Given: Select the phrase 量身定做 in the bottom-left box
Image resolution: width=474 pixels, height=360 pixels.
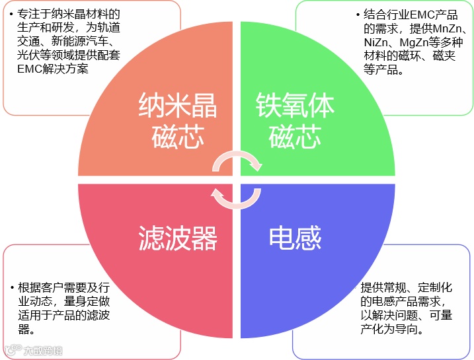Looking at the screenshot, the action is click(87, 301).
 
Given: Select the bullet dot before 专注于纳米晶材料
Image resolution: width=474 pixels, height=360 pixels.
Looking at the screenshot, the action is click(12, 14).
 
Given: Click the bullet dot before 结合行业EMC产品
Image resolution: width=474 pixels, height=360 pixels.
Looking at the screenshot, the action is click(358, 14).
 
